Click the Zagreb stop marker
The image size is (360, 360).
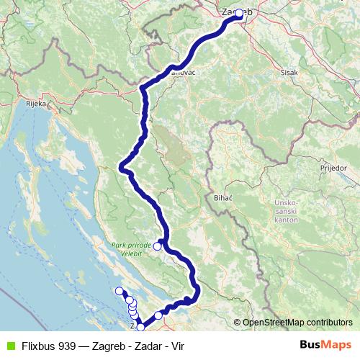(238, 13)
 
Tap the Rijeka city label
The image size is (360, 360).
(36, 103)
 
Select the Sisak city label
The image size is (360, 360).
(288, 73)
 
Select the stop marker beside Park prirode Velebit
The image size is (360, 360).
(157, 246)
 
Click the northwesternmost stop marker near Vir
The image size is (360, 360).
(120, 291)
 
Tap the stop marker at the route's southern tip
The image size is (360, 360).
(140, 327)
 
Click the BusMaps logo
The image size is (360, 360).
(325, 344)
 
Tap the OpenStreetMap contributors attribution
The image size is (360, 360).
(297, 323)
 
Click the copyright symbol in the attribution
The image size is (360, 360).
(237, 323)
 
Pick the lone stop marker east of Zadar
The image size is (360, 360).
(158, 315)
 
